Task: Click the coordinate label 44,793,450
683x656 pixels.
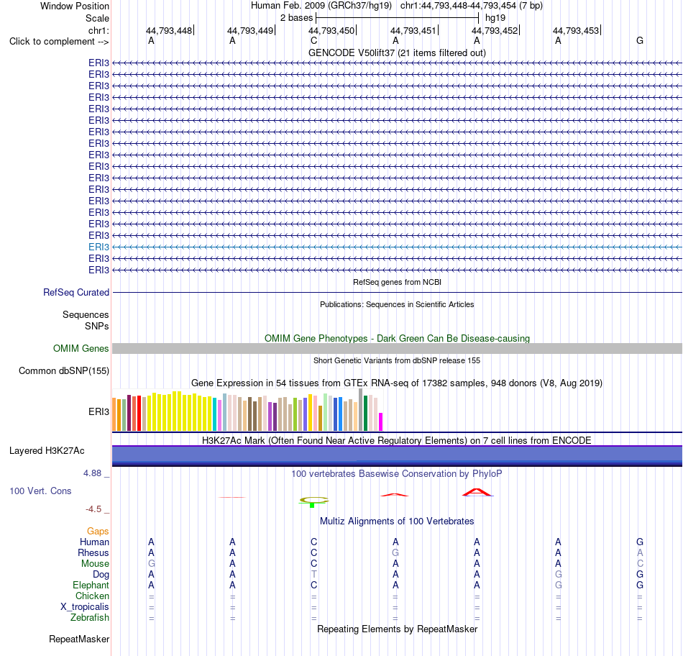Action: click(331, 30)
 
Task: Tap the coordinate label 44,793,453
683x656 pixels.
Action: click(576, 30)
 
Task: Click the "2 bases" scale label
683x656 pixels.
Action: click(296, 18)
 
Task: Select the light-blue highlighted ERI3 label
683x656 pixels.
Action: click(99, 247)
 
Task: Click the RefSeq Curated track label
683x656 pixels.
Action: click(76, 293)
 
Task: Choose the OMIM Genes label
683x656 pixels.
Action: click(81, 349)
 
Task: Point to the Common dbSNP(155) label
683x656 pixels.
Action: click(64, 371)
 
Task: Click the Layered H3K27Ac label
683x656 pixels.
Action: click(47, 451)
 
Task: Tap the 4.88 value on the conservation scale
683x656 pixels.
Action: click(92, 473)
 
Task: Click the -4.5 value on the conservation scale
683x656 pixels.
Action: click(93, 509)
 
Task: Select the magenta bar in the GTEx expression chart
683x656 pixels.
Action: click(381, 422)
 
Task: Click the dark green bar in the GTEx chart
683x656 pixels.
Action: click(365, 413)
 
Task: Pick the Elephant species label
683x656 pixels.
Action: click(91, 585)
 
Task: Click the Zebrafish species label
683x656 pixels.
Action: click(90, 618)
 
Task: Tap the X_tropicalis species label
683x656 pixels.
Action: click(85, 607)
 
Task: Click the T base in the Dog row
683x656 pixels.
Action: click(314, 575)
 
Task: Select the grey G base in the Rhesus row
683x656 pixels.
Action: click(395, 552)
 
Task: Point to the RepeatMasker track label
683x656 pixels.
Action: click(79, 639)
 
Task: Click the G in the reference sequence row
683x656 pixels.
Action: click(640, 40)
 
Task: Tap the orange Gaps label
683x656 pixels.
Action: click(98, 532)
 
